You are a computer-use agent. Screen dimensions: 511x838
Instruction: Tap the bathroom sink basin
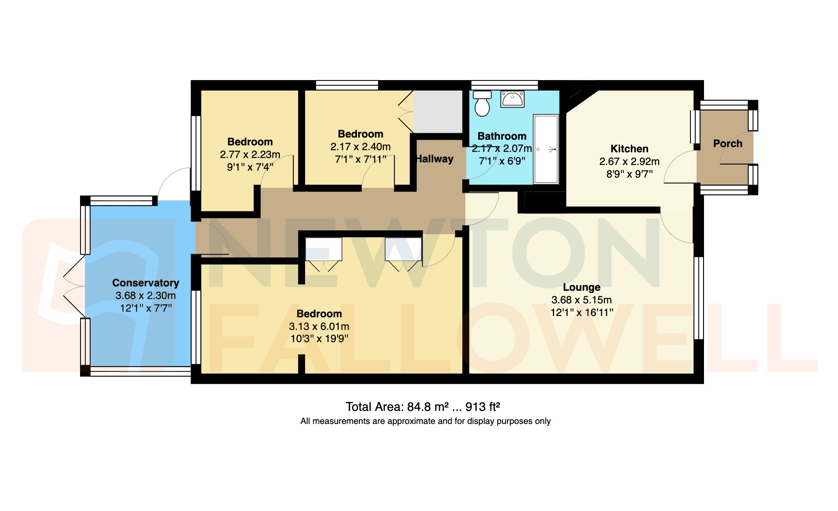(513, 100)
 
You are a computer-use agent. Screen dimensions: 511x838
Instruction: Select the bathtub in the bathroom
(546, 149)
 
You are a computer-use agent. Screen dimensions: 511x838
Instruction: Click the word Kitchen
(629, 149)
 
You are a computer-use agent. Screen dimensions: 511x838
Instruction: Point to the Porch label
(727, 144)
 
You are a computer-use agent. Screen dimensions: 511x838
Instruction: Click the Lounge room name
(581, 287)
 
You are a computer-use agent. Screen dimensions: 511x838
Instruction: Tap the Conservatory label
(145, 283)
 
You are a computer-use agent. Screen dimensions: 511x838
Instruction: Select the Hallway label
(435, 159)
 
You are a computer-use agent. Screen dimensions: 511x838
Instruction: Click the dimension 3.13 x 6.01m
(319, 326)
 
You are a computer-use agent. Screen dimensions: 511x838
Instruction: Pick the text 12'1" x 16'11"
(582, 312)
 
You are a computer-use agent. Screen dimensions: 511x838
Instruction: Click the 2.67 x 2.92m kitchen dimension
(629, 161)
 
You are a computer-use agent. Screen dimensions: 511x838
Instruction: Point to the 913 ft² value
(483, 407)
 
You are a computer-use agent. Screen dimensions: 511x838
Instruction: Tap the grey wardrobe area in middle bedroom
(437, 111)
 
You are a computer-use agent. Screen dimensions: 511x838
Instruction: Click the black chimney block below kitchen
(544, 201)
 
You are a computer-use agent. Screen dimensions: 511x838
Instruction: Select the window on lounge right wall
(698, 298)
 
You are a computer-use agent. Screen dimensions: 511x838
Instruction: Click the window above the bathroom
(504, 85)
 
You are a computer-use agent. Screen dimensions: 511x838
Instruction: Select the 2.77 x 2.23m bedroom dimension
(250, 155)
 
